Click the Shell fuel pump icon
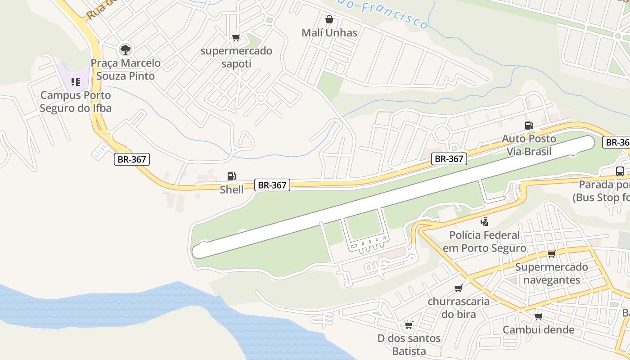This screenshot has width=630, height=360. point(231,176)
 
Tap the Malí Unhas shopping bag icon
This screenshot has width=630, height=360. point(329,20)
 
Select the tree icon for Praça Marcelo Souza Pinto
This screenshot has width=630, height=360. point(125,49)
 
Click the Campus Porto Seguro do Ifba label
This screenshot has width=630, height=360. point(75,102)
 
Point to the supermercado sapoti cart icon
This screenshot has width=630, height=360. point(236,38)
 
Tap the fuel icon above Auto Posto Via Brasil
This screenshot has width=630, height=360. point(529,126)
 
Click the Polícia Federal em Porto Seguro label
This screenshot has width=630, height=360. point(484,242)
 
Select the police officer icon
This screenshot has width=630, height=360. point(484,221)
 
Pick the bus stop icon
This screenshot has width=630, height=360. point(620,171)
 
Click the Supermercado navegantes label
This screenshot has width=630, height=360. point(551,273)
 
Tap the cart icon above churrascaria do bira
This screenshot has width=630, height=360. point(458,288)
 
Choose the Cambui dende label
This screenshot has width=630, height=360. point(538,330)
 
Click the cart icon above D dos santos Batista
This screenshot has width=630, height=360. point(409,325)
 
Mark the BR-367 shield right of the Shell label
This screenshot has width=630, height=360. point(272,185)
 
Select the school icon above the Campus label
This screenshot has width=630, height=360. point(75,82)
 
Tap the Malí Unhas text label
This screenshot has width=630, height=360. point(329,33)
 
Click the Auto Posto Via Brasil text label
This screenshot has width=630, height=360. point(529,145)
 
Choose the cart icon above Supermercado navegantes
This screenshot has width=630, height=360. point(551,254)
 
